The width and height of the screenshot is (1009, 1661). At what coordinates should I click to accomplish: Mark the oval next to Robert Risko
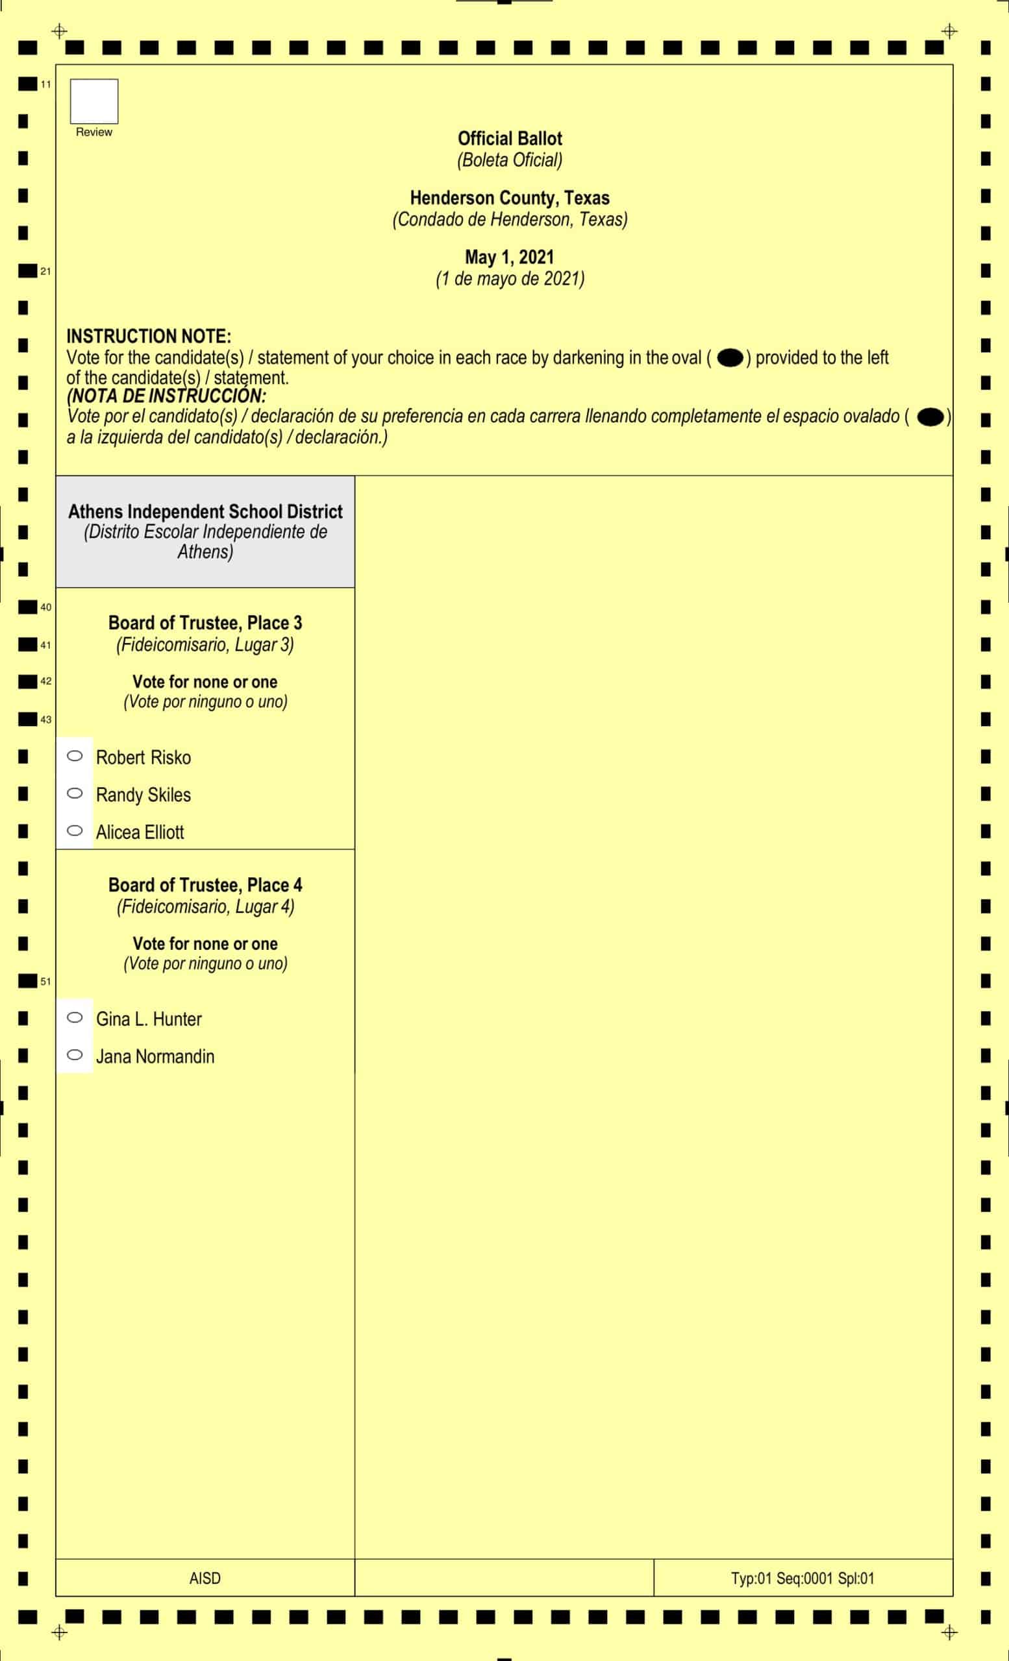(75, 756)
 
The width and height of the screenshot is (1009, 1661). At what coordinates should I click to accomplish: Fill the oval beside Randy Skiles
(75, 793)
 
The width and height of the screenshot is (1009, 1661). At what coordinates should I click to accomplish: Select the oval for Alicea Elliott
(75, 830)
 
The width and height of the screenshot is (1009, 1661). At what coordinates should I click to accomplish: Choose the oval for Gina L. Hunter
(75, 1017)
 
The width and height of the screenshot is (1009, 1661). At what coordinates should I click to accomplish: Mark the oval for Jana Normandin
(75, 1054)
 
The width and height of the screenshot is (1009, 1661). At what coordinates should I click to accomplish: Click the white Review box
(93, 101)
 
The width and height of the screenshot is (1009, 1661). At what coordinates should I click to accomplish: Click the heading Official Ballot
(509, 138)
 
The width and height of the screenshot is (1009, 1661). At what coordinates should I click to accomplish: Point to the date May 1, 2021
(509, 257)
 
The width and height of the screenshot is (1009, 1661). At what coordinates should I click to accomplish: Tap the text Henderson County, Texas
(509, 197)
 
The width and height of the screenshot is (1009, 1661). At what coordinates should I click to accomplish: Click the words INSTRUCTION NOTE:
(149, 335)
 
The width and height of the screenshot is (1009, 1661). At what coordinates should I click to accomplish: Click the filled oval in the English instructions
(730, 358)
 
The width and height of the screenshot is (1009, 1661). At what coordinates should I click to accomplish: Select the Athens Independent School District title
(205, 512)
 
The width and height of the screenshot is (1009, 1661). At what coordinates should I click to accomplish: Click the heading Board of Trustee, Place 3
(205, 623)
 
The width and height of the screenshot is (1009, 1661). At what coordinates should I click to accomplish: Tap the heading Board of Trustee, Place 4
(205, 884)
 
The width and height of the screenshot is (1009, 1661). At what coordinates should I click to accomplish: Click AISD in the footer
(205, 1578)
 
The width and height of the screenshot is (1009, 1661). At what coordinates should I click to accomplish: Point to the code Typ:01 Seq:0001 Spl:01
(803, 1578)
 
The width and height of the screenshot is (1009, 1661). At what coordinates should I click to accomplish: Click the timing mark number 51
(45, 982)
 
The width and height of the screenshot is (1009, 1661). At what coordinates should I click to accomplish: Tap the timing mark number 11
(45, 84)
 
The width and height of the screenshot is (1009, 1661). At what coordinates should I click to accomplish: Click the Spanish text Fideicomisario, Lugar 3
(205, 644)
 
